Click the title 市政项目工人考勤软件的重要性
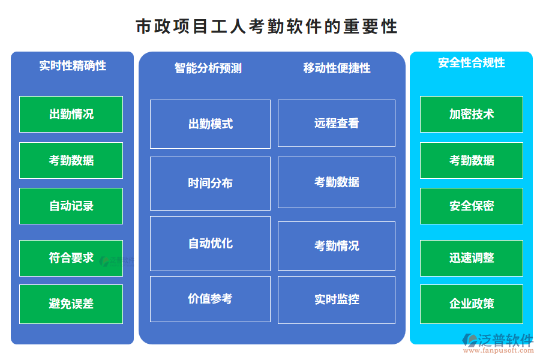tap(266, 27)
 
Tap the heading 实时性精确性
tap(73, 65)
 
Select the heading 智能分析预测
tap(208, 68)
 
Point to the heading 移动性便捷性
tap(337, 68)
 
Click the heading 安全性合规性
tap(471, 63)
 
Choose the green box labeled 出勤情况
tap(71, 114)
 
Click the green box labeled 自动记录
tap(71, 206)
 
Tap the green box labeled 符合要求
tap(71, 258)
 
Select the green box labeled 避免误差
tap(71, 304)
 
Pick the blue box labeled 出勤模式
tap(210, 124)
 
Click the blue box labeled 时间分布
tap(210, 183)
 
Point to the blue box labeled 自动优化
tap(210, 243)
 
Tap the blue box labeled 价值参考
tap(210, 299)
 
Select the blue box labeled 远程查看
tap(337, 123)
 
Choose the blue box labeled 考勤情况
tap(337, 245)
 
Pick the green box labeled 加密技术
tap(471, 114)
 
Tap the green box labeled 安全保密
tap(471, 206)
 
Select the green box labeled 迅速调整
tap(471, 258)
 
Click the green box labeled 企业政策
tap(471, 304)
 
